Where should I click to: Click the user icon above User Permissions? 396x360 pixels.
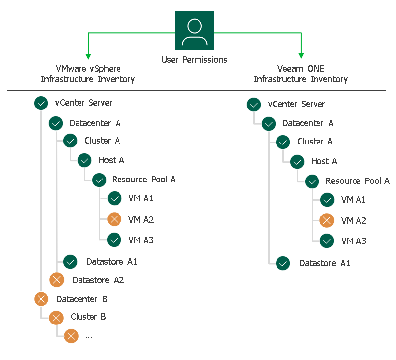(195, 31)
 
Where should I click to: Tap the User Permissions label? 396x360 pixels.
(195, 60)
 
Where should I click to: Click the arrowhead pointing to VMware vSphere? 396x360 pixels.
(88, 56)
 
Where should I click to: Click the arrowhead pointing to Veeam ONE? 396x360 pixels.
(301, 56)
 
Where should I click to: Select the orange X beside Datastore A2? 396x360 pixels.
(57, 280)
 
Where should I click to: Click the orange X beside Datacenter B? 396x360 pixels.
(41, 299)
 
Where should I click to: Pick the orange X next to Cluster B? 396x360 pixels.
(56, 317)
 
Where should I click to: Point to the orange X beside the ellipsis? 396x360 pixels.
(71, 336)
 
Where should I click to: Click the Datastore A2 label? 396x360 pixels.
(98, 280)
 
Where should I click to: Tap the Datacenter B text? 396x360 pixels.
(81, 299)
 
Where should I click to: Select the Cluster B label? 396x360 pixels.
(88, 317)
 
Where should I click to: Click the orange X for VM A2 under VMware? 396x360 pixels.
(114, 219)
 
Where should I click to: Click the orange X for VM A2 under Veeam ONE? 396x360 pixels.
(327, 220)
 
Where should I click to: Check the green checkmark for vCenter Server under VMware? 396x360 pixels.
(40, 103)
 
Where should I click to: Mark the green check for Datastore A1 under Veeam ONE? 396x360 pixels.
(283, 263)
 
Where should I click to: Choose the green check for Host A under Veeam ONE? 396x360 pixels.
(297, 162)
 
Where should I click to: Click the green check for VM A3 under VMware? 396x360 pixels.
(114, 240)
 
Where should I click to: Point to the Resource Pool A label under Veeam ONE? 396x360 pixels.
(357, 181)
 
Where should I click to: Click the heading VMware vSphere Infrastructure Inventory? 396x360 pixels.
(88, 74)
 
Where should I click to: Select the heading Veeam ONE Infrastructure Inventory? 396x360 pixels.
(300, 74)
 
